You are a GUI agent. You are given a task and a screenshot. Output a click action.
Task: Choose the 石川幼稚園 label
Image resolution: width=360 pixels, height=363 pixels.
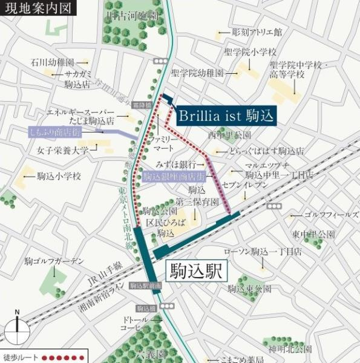[x=53, y=62]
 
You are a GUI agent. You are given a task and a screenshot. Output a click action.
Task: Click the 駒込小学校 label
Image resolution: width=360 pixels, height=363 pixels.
[x=59, y=176]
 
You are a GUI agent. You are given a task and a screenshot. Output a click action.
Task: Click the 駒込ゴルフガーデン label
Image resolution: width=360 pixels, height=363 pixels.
[x=54, y=261]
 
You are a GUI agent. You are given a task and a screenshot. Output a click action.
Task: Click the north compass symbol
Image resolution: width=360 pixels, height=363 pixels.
[x=18, y=330]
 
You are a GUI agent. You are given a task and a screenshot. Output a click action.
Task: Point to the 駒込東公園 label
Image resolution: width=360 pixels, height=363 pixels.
[x=250, y=289]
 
